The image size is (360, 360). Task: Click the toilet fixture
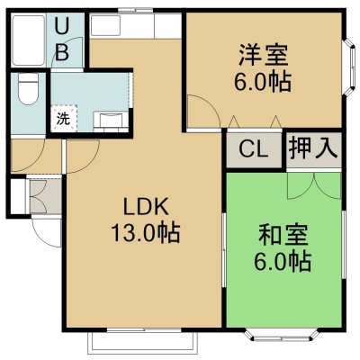pos(28,89)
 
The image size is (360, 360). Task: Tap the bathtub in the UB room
pos(28,40)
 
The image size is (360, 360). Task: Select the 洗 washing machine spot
pos(64,119)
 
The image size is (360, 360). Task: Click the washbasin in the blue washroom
pos(111,121)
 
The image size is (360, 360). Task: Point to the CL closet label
pos(254,149)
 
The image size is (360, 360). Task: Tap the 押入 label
pos(313,148)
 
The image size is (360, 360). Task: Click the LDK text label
pos(146,207)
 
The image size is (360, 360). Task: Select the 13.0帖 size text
pos(146,232)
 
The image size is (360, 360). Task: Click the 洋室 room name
pos(263,55)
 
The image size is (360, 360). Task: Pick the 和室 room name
pos(283,236)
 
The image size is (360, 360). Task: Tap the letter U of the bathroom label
pos(62,25)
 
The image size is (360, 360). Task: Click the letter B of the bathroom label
pos(62,52)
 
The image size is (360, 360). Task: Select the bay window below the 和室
pos(282,335)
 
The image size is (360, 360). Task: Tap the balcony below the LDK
pos(143,343)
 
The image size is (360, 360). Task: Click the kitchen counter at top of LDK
pos(136,25)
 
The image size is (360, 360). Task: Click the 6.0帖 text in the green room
pos(283,262)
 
